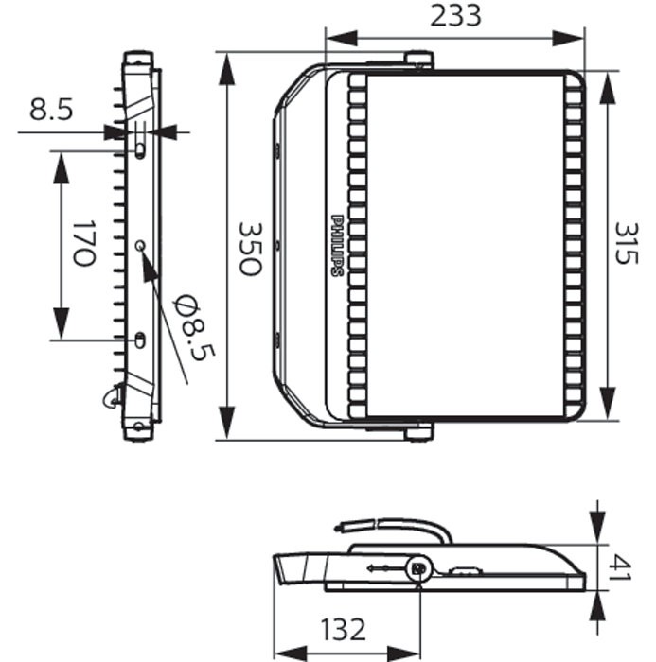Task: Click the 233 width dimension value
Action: point(455,16)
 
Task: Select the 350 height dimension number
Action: point(250,249)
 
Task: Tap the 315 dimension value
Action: point(626,243)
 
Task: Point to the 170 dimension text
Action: point(83,243)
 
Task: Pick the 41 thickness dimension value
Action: point(621,567)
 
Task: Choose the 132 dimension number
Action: point(343,630)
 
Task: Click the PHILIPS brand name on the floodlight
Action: point(337,246)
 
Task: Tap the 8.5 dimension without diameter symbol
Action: point(51,110)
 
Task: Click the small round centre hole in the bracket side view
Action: point(140,245)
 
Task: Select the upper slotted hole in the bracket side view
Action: point(139,149)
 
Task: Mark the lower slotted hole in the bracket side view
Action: point(139,340)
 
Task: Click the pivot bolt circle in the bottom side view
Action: point(419,568)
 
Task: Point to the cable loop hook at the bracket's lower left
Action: point(111,397)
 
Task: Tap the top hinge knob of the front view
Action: point(418,59)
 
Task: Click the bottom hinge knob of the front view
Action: point(418,433)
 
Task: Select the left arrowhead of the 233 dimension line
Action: point(342,39)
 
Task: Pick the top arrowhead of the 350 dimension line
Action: point(227,69)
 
